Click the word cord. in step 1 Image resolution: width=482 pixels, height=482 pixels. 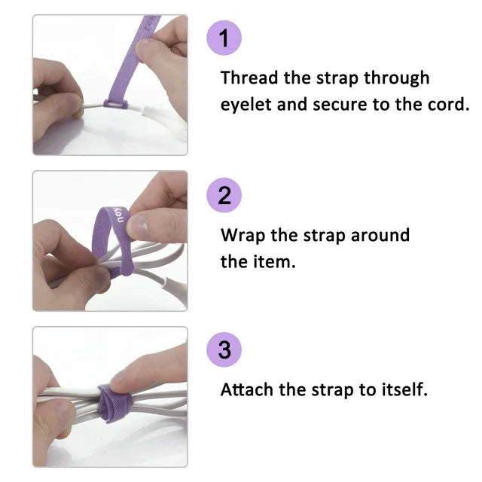[x=447, y=105]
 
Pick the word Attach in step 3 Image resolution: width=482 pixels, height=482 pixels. [x=246, y=390]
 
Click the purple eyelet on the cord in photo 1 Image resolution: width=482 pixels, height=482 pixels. [x=115, y=100]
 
